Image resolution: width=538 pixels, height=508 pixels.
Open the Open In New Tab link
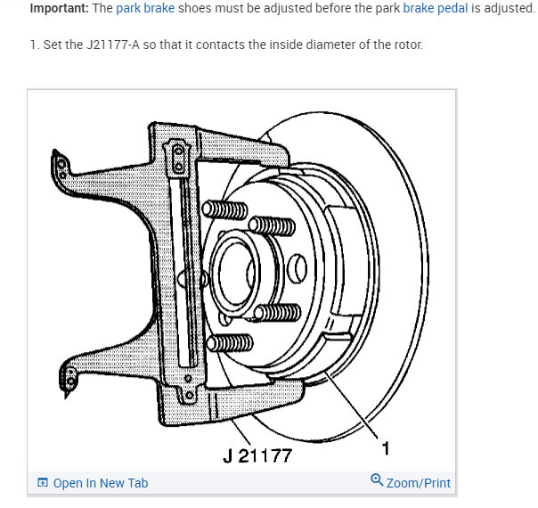101,483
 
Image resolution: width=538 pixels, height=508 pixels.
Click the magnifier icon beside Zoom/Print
377,481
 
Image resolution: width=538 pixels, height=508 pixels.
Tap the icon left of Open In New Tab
43,483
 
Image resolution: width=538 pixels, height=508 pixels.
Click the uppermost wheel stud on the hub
224,211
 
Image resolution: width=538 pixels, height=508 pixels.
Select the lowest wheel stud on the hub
231,343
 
